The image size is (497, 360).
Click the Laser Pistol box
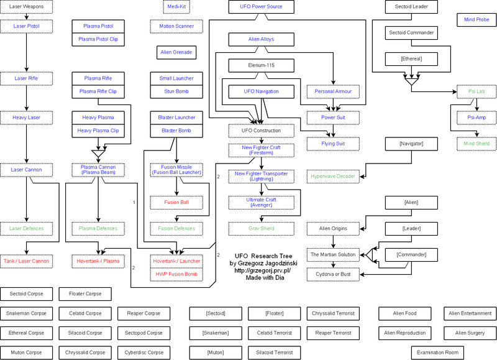click(x=26, y=26)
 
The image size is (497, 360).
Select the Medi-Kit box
click(x=176, y=7)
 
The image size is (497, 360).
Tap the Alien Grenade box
click(x=176, y=52)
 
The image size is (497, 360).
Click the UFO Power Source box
click(x=261, y=7)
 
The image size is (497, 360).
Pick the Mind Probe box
click(x=476, y=20)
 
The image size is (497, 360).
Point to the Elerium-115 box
click(x=261, y=65)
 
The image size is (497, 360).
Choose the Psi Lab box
click(x=476, y=91)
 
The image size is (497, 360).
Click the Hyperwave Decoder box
click(x=333, y=177)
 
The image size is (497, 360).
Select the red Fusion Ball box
click(x=176, y=202)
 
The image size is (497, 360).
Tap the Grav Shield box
click(x=261, y=228)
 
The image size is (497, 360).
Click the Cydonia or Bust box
click(x=333, y=274)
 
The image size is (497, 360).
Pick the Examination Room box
click(x=437, y=353)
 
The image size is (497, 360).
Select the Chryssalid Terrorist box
click(x=333, y=313)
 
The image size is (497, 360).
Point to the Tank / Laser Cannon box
click(x=26, y=261)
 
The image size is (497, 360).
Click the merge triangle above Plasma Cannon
click(x=98, y=154)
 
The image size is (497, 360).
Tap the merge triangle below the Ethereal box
click(x=411, y=81)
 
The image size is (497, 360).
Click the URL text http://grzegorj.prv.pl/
click(x=262, y=270)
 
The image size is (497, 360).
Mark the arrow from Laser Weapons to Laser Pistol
click(x=26, y=17)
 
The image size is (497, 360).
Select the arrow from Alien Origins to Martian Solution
click(x=333, y=242)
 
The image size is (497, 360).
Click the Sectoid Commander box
click(x=411, y=33)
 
